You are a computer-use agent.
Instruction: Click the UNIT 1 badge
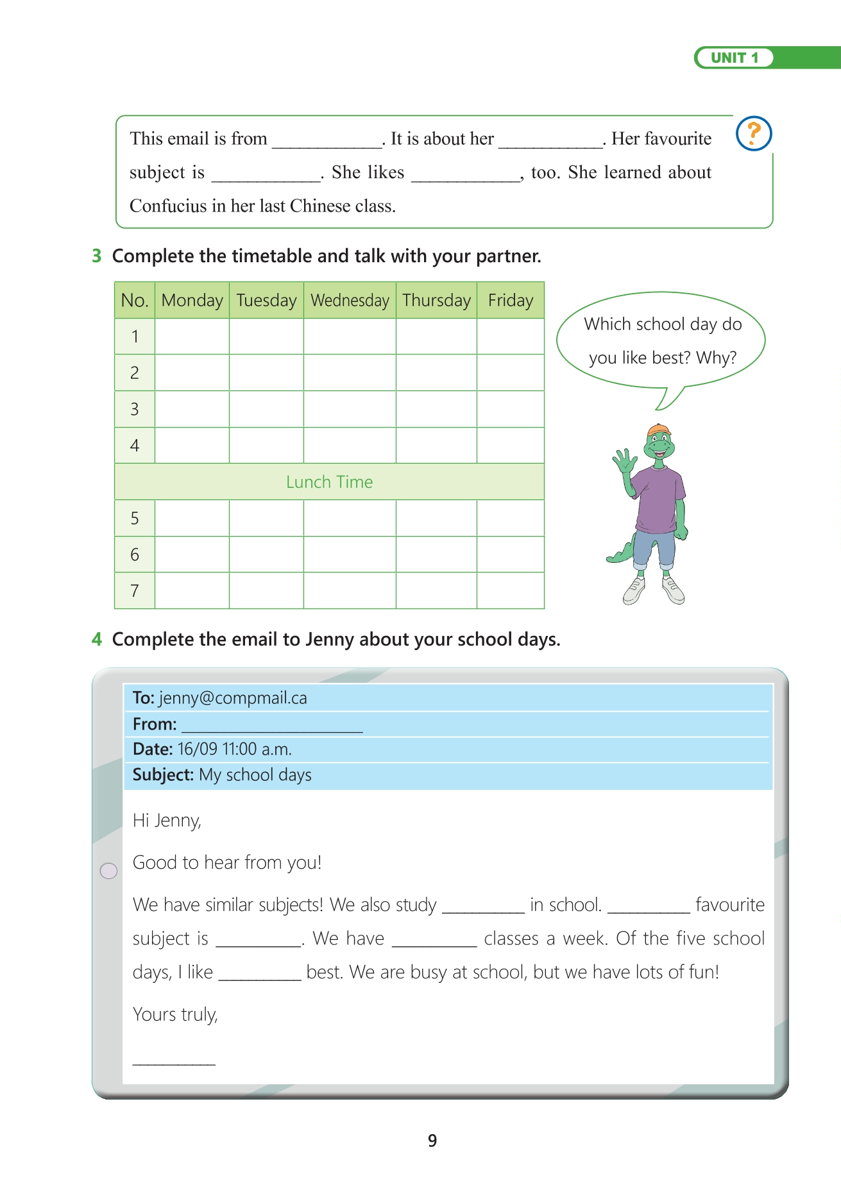tap(735, 58)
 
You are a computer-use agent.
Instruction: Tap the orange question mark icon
tap(754, 133)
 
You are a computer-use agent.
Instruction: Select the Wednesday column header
tap(350, 300)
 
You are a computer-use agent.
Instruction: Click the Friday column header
tap(511, 300)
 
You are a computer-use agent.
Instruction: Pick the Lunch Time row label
tap(329, 482)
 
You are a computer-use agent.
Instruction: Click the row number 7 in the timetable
tap(135, 590)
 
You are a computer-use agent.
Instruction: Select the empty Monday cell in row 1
tap(192, 337)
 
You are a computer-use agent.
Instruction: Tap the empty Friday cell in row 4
tap(511, 446)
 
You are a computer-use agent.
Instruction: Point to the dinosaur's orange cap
tap(659, 430)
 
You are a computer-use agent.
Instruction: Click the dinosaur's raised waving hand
tap(624, 460)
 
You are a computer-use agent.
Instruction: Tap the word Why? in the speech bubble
tap(716, 358)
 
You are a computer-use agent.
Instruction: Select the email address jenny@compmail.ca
tap(233, 698)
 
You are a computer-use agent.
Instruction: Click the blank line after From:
tap(272, 725)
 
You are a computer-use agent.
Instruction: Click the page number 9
tap(432, 1141)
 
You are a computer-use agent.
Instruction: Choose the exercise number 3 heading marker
tap(97, 256)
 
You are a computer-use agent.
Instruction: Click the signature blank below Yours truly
tap(174, 1059)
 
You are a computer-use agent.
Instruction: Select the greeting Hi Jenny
tap(167, 821)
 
